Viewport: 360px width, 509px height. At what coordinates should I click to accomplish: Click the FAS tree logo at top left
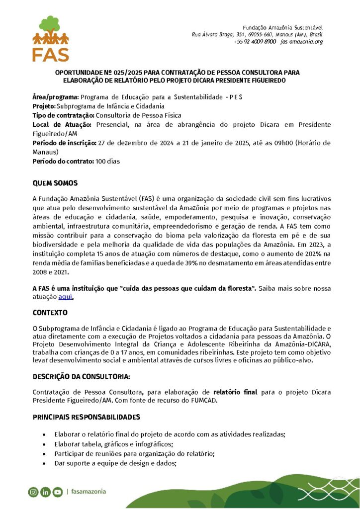click(51, 38)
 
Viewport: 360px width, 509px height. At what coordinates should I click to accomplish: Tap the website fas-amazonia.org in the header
click(301, 42)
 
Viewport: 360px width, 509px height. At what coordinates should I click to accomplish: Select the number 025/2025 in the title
click(127, 73)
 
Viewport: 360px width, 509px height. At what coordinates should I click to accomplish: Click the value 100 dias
click(108, 162)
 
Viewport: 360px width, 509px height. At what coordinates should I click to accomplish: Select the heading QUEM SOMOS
click(55, 183)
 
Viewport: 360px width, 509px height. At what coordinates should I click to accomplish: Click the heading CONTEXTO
click(50, 314)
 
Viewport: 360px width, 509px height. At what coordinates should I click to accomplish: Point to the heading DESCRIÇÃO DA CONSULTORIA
click(82, 377)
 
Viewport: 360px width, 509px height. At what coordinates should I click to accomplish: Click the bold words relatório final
click(235, 392)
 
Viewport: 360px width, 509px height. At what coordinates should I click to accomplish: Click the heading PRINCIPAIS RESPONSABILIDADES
click(86, 417)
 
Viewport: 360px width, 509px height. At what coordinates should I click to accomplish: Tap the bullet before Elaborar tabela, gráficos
click(46, 444)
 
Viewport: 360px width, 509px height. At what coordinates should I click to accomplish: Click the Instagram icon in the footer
click(33, 492)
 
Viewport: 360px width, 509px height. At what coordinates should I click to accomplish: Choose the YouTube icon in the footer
click(57, 492)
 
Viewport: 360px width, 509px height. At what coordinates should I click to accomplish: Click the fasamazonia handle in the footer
click(89, 492)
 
